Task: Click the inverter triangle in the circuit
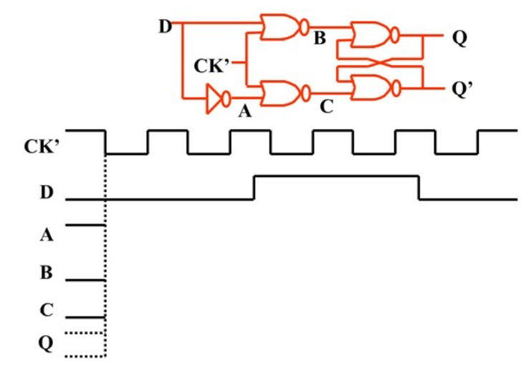213,99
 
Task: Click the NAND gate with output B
281,28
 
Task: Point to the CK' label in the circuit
212,67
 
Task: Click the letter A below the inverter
248,110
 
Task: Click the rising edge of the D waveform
254,187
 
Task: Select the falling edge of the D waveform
419,187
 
